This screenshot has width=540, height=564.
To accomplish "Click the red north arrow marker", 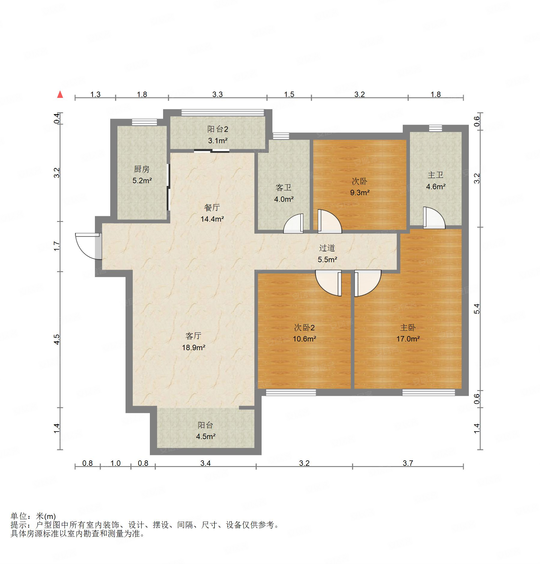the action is [60, 94].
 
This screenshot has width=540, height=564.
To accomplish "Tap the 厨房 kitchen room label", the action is [142, 169].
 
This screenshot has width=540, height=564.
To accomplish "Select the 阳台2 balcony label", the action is [218, 129].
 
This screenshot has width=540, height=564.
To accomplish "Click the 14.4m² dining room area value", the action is [212, 219].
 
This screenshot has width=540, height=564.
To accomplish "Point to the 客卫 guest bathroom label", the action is [284, 188].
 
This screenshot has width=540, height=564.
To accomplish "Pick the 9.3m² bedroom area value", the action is [360, 193].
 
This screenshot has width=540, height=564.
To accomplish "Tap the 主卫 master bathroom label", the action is [435, 175].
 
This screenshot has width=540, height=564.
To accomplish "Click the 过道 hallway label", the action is [327, 248].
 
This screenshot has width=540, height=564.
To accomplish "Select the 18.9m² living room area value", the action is [194, 348].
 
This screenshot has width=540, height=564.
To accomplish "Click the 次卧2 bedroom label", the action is [304, 328].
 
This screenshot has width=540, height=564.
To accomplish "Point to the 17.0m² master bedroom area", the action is [408, 339].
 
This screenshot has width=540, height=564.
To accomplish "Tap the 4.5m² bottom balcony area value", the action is [206, 436].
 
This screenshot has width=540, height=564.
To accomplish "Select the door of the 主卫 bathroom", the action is [434, 218].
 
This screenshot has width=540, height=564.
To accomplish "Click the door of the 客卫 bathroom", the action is [293, 223].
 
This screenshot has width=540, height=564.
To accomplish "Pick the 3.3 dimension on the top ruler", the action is [217, 94].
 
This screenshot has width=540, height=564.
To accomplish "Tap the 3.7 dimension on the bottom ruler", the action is [408, 463].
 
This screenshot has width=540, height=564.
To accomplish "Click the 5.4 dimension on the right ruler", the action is [477, 309].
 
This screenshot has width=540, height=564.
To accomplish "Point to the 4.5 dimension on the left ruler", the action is [57, 339].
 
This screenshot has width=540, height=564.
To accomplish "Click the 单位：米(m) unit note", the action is [33, 516].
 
